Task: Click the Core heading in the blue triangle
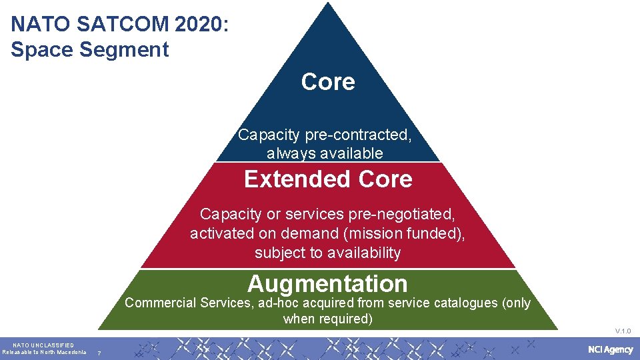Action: (328, 82)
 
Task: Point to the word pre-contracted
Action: (359, 135)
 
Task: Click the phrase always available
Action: (325, 153)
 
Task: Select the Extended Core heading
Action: (328, 179)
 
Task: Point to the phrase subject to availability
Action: (327, 253)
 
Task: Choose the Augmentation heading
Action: (327, 284)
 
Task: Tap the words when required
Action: (327, 319)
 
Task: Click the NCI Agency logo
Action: (610, 350)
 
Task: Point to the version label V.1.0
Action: (623, 331)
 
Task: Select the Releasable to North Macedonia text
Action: (44, 352)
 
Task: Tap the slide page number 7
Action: (99, 353)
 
